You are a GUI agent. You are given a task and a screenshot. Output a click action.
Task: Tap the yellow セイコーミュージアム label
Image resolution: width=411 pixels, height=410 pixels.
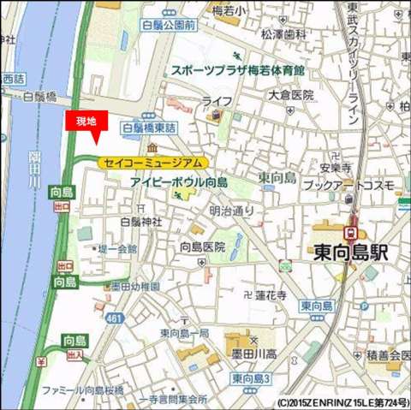152,163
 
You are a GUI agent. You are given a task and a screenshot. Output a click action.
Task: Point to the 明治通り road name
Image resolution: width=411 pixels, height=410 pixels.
232,210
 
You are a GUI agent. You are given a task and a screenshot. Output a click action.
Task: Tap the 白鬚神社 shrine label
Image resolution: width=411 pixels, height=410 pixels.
140,222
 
